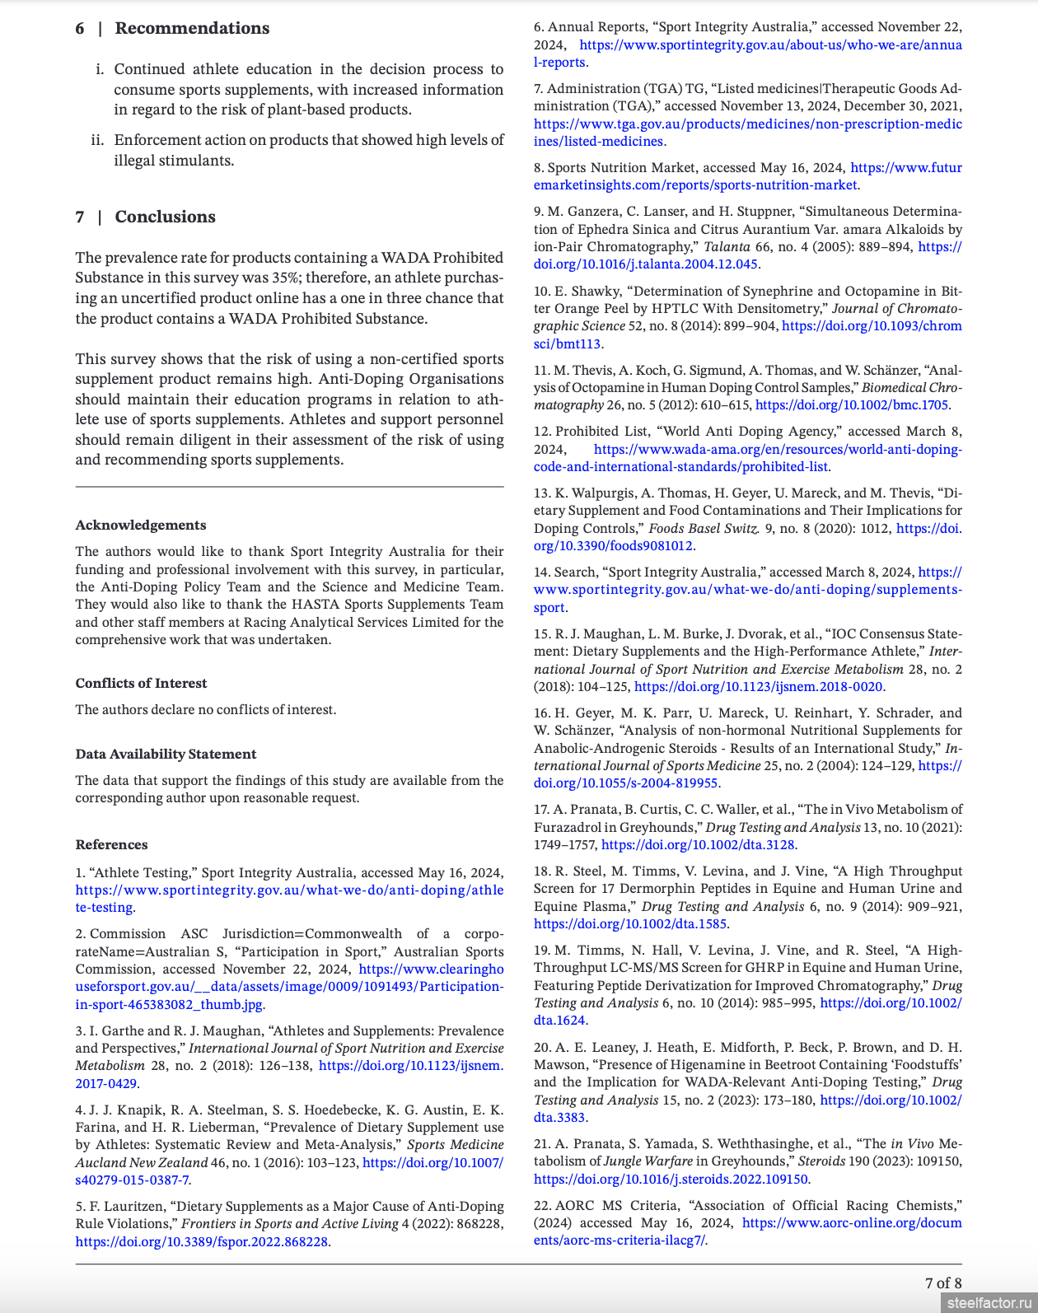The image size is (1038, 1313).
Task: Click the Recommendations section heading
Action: [191, 28]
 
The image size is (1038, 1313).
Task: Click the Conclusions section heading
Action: [165, 217]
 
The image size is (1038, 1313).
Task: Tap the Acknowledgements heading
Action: [141, 526]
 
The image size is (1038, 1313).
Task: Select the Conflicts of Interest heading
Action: [141, 684]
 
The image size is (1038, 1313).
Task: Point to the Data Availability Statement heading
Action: [166, 755]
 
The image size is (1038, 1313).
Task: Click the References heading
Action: [111, 845]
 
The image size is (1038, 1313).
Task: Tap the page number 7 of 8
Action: [943, 1283]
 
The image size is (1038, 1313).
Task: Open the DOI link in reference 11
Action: [851, 405]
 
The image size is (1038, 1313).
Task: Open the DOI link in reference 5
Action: [202, 1241]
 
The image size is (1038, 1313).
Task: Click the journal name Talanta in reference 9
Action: [727, 247]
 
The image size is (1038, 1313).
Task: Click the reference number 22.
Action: [541, 1206]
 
